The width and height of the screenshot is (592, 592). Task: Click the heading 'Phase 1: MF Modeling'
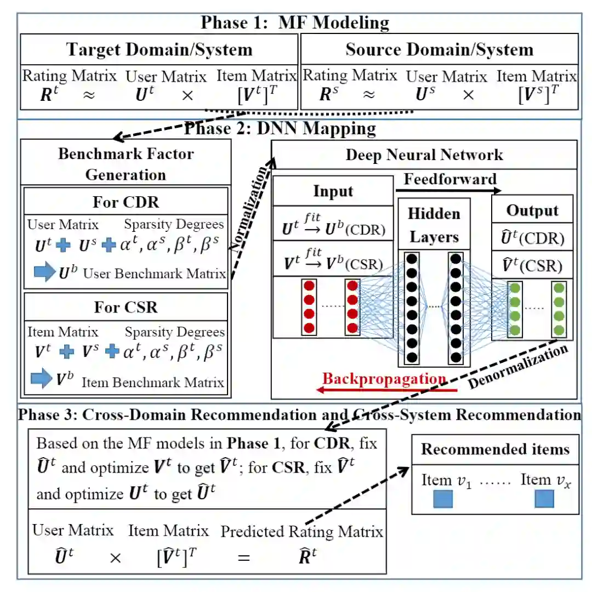tap(295, 22)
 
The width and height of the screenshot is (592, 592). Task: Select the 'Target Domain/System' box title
tap(159, 49)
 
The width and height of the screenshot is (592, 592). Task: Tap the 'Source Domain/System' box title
tap(439, 49)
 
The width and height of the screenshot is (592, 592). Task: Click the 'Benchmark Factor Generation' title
tap(126, 163)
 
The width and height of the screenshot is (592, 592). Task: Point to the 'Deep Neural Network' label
tap(424, 155)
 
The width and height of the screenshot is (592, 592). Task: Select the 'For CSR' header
tap(126, 306)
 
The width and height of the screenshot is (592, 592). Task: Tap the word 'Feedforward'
tap(450, 179)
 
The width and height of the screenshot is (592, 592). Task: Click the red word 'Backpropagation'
tap(384, 379)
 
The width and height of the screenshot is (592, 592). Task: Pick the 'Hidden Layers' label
tap(434, 225)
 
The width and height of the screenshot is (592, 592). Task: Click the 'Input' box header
tap(333, 191)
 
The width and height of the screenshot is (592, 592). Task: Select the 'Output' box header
tap(532, 210)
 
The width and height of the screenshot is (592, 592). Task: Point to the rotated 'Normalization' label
tap(250, 209)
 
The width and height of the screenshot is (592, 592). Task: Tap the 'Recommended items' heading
tap(495, 449)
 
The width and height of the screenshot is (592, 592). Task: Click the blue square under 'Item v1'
tap(443, 499)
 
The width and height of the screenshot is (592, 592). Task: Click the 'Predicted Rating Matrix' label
tap(301, 531)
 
